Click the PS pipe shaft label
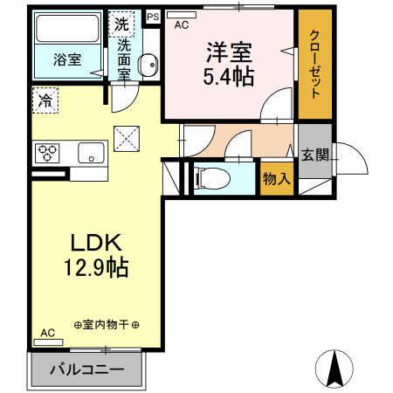click(x=152, y=17)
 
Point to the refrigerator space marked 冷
click(x=44, y=100)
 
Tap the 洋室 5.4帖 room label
click(x=229, y=63)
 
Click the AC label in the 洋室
click(x=181, y=25)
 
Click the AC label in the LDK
click(x=47, y=333)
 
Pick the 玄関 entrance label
click(x=315, y=155)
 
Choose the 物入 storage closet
click(x=276, y=179)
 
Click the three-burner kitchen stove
click(x=46, y=154)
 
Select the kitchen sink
click(x=90, y=154)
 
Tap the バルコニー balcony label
click(x=86, y=369)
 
